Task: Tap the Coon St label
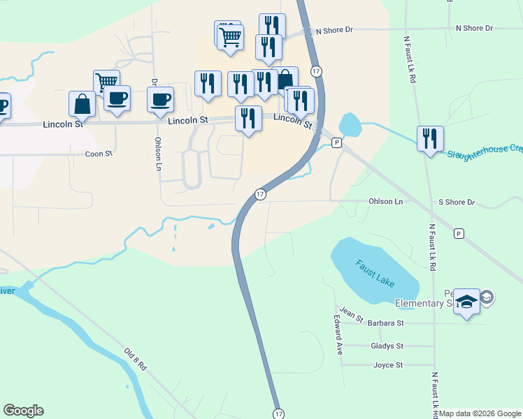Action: [x=99, y=154]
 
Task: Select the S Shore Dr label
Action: [x=457, y=203]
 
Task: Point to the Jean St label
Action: [x=352, y=314]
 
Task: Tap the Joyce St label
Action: [x=388, y=365]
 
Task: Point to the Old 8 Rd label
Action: [x=136, y=359]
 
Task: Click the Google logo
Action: [x=23, y=411]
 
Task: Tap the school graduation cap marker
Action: [x=466, y=302]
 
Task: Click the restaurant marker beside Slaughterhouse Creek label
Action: [x=430, y=138]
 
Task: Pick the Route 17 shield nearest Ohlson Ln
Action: [x=259, y=194]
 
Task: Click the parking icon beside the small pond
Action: [x=336, y=142]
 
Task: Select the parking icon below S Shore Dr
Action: [x=459, y=233]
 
